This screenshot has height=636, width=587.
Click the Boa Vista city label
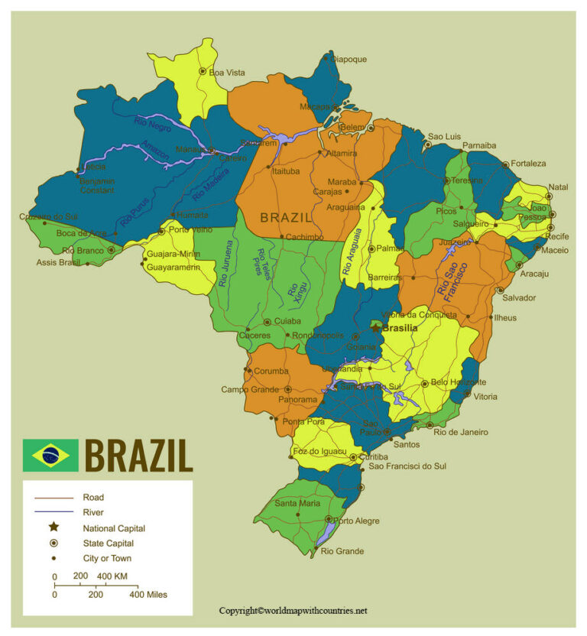tap(227, 73)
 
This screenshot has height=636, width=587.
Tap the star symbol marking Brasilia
tap(376, 326)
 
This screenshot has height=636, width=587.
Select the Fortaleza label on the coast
tap(530, 164)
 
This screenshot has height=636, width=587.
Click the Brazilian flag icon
tap(50, 456)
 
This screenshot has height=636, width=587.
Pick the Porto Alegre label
tap(358, 521)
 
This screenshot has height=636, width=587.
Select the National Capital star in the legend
tap(54, 527)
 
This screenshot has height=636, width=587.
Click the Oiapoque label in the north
tap(348, 59)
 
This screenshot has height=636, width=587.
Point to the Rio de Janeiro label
tap(460, 432)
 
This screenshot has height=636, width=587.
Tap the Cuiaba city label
tap(287, 322)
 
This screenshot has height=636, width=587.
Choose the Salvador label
tap(519, 297)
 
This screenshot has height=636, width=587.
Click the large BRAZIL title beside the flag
tap(138, 456)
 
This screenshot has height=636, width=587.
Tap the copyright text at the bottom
tap(293, 611)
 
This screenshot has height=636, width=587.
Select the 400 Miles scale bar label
tap(148, 594)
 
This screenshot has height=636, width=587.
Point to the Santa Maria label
tap(297, 503)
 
